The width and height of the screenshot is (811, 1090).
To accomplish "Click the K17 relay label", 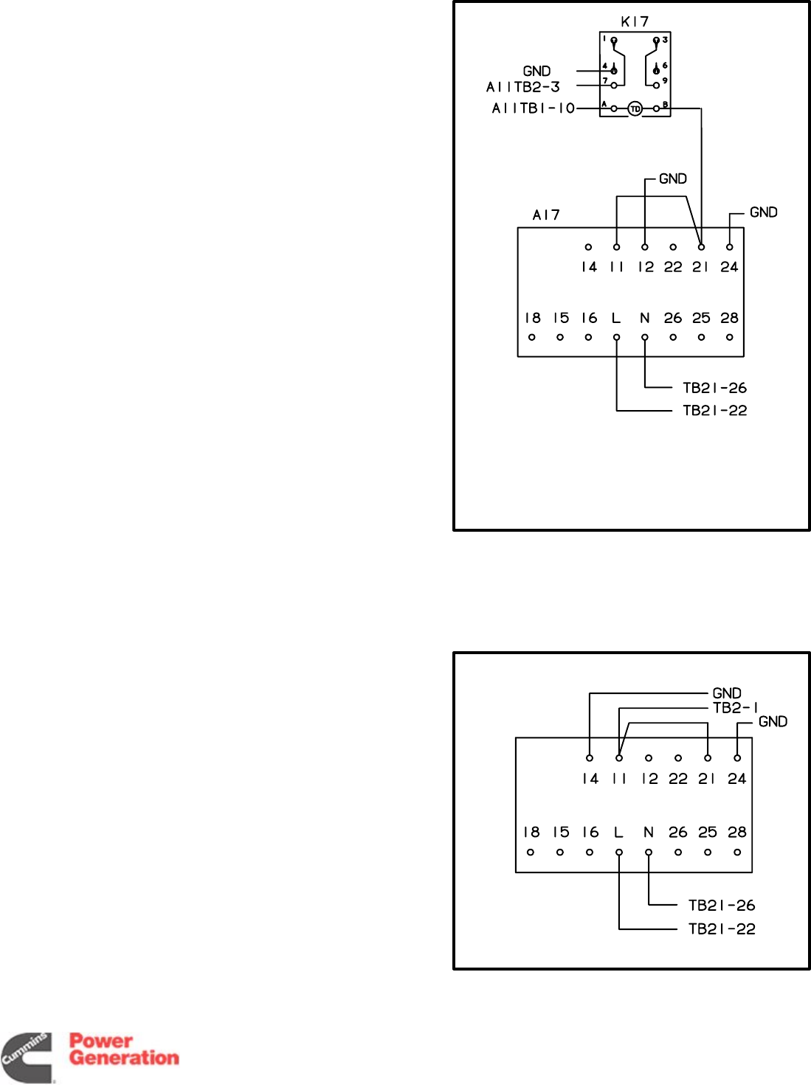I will coord(635,22).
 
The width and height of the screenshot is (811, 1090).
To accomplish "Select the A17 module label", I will coord(546,215).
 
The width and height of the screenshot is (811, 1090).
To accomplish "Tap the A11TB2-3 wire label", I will coord(523,87).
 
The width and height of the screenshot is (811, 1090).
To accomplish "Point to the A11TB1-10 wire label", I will coord(533,108).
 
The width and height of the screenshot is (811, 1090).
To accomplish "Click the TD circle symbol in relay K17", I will coord(635,109).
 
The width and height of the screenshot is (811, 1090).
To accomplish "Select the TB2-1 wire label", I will coord(735,708).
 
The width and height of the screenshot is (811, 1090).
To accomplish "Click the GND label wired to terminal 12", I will coord(672,179).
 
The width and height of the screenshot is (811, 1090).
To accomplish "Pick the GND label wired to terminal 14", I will coord(726,693).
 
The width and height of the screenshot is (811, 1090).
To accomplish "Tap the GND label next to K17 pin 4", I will coord(536,72).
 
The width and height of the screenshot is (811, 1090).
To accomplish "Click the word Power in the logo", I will coord(101,1041).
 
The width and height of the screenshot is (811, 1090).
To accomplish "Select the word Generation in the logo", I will coord(124,1058).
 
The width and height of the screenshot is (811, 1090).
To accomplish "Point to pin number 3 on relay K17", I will coord(665,40).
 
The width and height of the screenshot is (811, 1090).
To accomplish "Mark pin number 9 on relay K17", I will coord(665,81).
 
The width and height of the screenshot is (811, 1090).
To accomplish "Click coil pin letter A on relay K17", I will coord(604,105).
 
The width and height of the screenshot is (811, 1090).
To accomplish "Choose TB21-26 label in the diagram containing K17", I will coord(714,388).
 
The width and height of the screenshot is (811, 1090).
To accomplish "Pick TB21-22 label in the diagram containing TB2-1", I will coord(721,929).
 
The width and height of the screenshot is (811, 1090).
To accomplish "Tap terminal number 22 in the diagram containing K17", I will coord(673,267).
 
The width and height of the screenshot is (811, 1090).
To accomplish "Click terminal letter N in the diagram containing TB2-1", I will coord(648,833).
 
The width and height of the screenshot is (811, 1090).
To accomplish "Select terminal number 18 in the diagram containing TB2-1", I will coord(531,833).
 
